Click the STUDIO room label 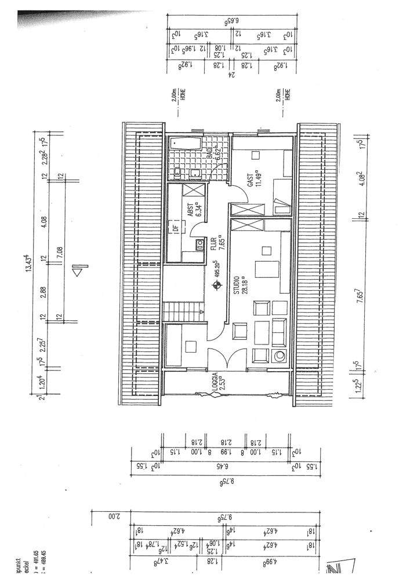(x=236, y=285)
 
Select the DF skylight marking (x=175, y=228)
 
